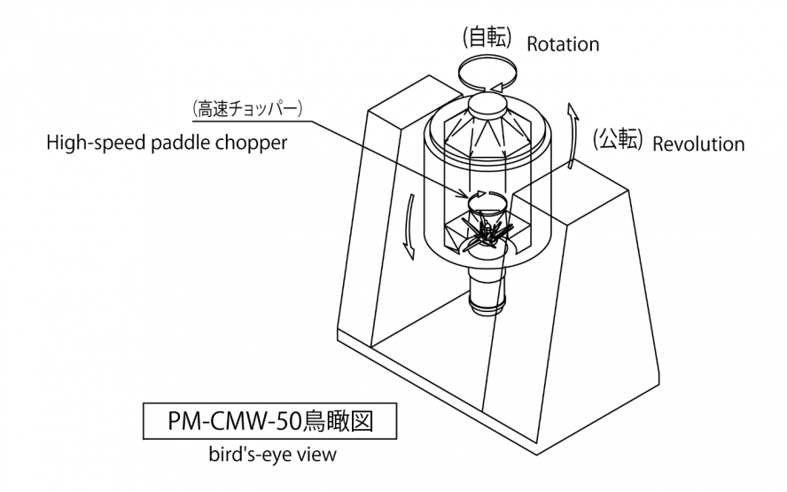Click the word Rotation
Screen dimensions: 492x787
click(x=562, y=44)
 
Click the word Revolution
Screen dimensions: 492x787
click(x=698, y=144)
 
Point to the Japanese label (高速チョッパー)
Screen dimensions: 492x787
click(x=249, y=109)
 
